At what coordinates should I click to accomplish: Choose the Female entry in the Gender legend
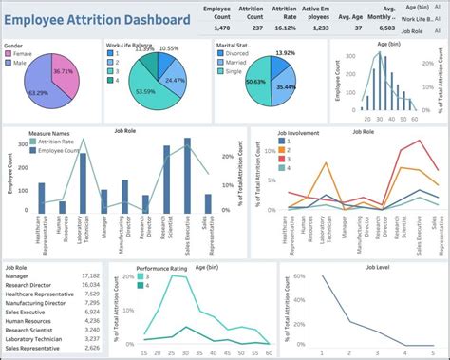(x=24, y=55)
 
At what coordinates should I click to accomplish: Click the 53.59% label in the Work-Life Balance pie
(x=146, y=91)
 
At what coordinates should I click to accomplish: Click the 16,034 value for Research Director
(x=91, y=284)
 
